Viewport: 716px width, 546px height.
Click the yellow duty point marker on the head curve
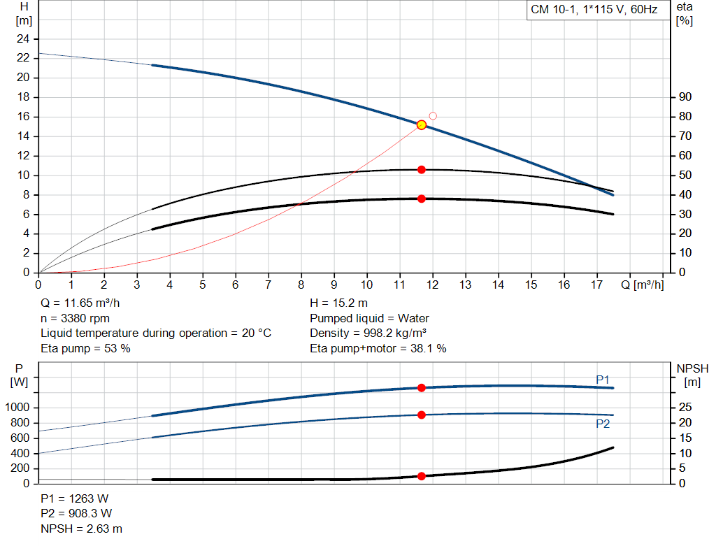click(x=422, y=124)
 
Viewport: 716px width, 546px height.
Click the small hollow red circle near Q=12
click(x=433, y=116)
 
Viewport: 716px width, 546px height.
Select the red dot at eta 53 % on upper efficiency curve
click(x=422, y=170)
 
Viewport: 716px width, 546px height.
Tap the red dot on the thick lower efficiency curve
click(x=422, y=199)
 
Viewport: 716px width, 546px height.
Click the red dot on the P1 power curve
click(x=422, y=387)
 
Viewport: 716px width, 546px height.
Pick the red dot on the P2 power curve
click(x=422, y=415)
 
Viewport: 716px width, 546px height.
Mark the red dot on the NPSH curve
click(x=422, y=476)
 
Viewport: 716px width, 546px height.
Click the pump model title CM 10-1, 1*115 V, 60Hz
click(x=594, y=11)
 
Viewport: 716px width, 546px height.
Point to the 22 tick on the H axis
click(x=24, y=58)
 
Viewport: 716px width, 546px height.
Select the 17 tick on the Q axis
click(x=597, y=285)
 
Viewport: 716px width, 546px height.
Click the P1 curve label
click(x=603, y=380)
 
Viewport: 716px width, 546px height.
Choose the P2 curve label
click(x=603, y=424)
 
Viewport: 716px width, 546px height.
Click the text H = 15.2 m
click(x=338, y=303)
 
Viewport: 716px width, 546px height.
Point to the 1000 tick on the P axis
click(x=19, y=408)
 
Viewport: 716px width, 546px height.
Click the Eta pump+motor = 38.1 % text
click(x=378, y=348)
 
